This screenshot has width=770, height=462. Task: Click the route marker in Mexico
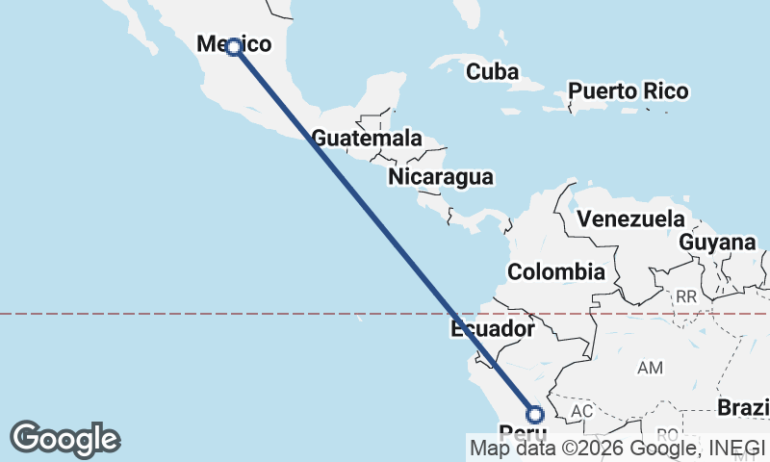click(x=233, y=46)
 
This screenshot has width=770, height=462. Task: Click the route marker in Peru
click(x=535, y=415)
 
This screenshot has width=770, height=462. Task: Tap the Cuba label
click(x=492, y=72)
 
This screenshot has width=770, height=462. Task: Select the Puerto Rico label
click(x=628, y=91)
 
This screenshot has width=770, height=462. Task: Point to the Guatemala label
click(x=367, y=139)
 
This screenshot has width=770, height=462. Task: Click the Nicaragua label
click(x=441, y=177)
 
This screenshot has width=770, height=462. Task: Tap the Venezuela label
click(x=631, y=218)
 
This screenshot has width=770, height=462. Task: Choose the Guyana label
click(x=717, y=243)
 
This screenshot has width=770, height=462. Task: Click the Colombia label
click(x=556, y=272)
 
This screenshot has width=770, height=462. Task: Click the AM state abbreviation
click(x=651, y=368)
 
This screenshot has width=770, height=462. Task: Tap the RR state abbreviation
click(x=685, y=297)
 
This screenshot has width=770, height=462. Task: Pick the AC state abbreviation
click(x=581, y=411)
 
